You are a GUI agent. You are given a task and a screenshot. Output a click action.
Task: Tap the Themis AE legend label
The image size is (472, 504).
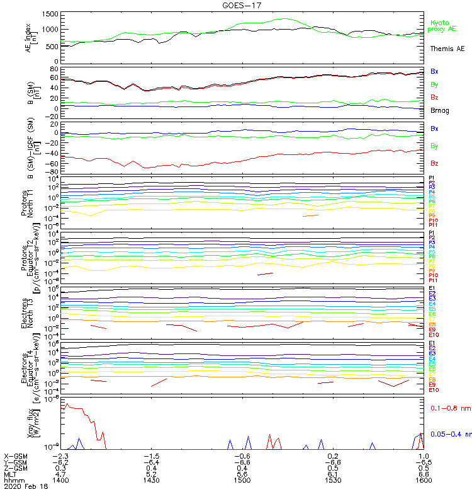pos(446,49)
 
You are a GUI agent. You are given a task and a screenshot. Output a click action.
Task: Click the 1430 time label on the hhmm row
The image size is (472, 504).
pos(151,479)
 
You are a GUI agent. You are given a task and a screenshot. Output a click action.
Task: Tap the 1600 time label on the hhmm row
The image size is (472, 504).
pos(424,479)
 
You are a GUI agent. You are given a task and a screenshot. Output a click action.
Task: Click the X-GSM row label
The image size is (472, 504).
pos(16,455)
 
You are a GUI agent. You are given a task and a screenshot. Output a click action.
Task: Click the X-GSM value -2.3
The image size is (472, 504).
pos(60,455)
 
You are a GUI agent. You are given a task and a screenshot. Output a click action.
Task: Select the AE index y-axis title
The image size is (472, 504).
pos(30,38)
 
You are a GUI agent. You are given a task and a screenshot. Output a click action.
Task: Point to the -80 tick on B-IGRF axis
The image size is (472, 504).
pos(53,172)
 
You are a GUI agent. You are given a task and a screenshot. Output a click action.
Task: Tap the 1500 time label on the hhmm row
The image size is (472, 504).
pos(242,479)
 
